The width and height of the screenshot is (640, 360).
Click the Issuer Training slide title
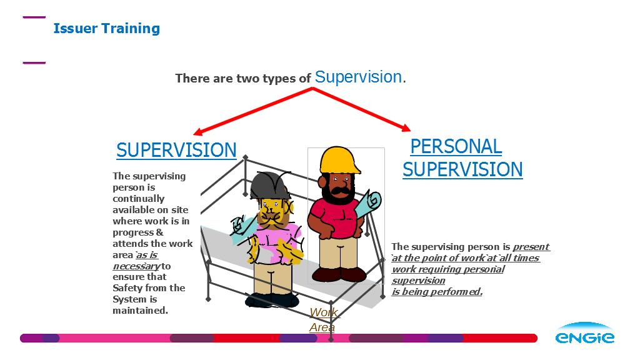[106, 28]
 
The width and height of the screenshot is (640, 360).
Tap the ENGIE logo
[584, 333]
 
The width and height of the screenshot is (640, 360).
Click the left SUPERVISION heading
[176, 150]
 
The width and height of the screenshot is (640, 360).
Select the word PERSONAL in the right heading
[456, 146]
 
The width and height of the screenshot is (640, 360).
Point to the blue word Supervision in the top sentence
[358, 77]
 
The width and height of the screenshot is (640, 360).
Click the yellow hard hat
[339, 160]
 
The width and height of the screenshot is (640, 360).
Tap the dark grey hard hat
[269, 186]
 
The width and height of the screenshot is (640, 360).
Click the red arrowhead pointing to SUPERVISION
[198, 131]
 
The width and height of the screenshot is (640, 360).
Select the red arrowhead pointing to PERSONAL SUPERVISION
[406, 127]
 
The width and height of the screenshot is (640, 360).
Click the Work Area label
[324, 319]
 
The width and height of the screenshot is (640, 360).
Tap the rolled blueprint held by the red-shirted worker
[368, 205]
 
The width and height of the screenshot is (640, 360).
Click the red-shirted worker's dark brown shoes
[339, 274]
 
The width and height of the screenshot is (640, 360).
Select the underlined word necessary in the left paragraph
[136, 266]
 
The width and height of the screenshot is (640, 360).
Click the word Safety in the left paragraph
[125, 288]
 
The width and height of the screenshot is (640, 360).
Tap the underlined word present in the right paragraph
[531, 246]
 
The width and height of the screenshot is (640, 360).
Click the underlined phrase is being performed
[437, 291]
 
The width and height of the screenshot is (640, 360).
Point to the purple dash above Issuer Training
[34, 17]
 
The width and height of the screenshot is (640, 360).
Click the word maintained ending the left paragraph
[140, 310]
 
